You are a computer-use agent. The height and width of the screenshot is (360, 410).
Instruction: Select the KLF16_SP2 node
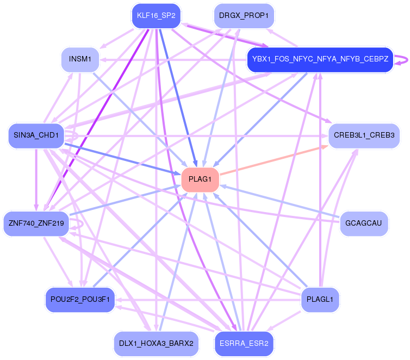tap(156, 16)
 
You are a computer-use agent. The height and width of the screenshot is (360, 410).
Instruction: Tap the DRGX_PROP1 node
tap(244, 16)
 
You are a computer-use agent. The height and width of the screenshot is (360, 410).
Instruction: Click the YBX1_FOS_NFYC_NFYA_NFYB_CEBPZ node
tap(320, 59)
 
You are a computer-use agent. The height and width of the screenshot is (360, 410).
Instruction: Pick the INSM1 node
tap(80, 59)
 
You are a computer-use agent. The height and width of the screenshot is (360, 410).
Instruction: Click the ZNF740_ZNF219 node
tap(36, 223)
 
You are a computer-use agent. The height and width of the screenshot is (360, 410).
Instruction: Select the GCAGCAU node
tap(364, 223)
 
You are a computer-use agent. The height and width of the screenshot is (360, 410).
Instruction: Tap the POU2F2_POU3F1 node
tap(80, 299)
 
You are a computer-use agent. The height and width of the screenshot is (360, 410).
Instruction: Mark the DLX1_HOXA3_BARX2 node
tap(156, 343)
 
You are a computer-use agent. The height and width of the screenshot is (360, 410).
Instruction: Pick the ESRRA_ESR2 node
tap(244, 343)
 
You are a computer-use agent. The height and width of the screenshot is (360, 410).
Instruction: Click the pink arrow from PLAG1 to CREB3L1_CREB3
tap(277, 159)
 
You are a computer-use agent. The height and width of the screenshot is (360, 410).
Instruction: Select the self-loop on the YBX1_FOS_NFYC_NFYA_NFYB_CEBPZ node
tap(403, 59)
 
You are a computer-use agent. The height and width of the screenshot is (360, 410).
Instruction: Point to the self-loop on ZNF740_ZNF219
tap(80, 223)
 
